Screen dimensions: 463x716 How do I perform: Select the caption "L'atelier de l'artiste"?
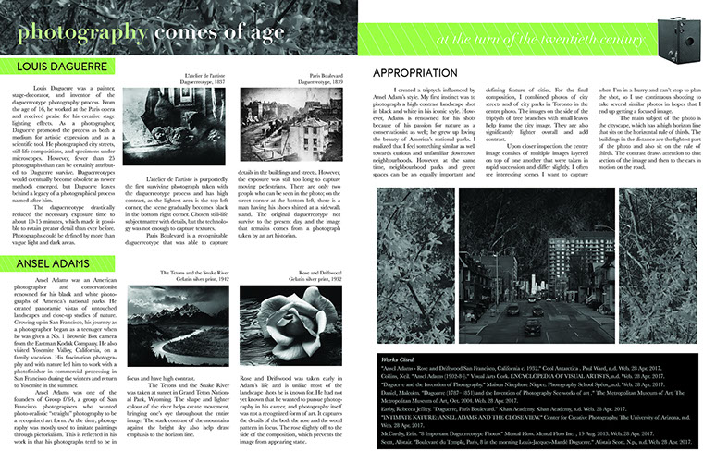point(204,73)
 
